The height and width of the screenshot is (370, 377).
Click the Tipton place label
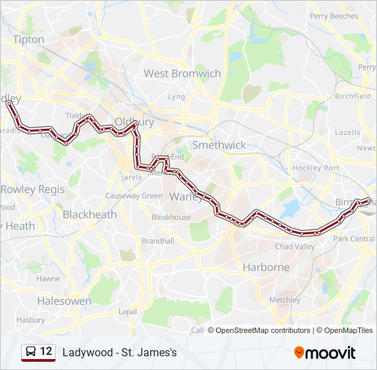point(28,40)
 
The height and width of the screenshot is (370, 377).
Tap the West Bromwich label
point(182,73)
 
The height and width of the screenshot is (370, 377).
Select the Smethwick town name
point(219,145)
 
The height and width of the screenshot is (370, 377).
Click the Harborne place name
point(266,267)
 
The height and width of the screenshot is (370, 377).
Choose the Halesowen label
point(64,301)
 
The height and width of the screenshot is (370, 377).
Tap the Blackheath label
point(89,214)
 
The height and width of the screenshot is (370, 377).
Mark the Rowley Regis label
point(32,189)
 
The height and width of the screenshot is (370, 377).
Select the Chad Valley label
point(295,247)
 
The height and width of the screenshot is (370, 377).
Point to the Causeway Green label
point(134,196)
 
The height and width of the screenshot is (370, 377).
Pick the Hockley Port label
point(322,168)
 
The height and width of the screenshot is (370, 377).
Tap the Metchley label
point(285,299)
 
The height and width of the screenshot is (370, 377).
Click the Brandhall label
point(158,241)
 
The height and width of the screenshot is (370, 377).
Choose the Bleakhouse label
point(171,217)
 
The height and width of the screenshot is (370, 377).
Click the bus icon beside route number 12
point(32,351)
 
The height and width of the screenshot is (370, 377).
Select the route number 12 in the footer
point(46,351)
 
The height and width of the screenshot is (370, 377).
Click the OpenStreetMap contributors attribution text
point(260,330)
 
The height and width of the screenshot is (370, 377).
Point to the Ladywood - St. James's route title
point(119,352)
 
